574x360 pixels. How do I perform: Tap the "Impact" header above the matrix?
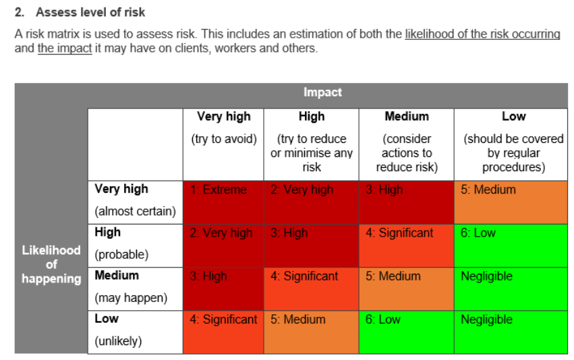(x=322, y=92)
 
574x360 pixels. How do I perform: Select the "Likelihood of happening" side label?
(x=51, y=264)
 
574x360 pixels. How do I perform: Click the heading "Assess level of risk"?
(x=90, y=12)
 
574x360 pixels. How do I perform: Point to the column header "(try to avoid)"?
(x=223, y=139)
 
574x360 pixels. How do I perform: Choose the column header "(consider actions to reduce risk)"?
(x=406, y=153)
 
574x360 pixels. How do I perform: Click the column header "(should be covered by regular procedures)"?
(x=513, y=153)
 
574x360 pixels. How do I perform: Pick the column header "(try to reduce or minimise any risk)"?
(x=311, y=153)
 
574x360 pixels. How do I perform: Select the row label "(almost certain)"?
(x=135, y=211)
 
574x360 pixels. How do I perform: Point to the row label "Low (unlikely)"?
(x=118, y=330)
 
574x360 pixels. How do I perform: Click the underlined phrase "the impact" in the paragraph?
(x=65, y=49)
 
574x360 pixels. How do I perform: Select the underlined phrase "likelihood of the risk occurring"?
(x=482, y=34)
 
